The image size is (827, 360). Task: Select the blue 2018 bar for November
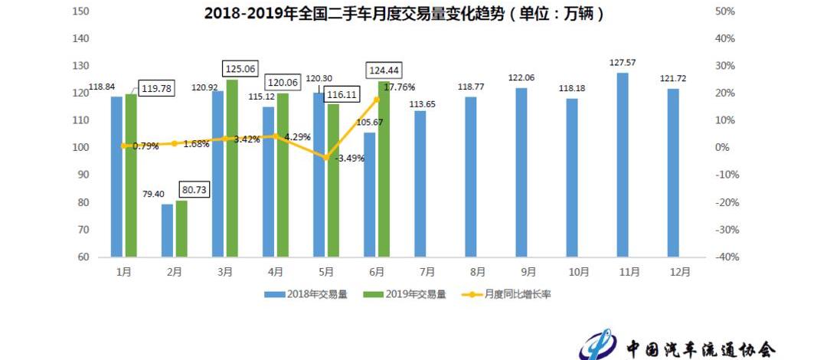(x=623, y=165)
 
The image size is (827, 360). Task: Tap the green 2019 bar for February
(x=181, y=228)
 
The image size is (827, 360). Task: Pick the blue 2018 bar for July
(x=420, y=184)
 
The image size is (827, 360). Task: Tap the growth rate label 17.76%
(x=398, y=87)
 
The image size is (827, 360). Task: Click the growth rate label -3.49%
(x=349, y=159)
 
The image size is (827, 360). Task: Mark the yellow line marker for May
(x=325, y=157)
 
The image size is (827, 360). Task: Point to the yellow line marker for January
(x=124, y=146)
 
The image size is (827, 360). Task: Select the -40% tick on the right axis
(x=724, y=257)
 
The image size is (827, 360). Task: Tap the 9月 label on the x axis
(x=528, y=272)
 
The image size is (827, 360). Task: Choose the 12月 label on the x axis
(x=679, y=272)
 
